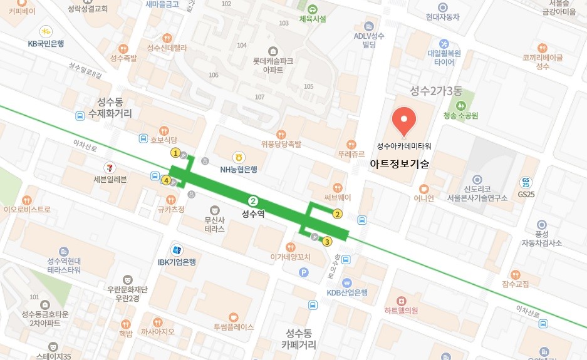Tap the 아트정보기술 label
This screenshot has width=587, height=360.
pos(399,164)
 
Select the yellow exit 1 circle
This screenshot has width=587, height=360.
pos(176,153)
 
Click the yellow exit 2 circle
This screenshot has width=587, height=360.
pos(337,214)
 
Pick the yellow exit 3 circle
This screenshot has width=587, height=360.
pos(326,241)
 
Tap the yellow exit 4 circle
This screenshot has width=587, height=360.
pos(166,180)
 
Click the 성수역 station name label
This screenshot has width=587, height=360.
pos(253,213)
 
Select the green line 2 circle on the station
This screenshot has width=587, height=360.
pos(253,201)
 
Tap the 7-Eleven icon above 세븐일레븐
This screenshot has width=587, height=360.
pos(110,167)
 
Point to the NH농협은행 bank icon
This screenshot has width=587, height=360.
pos(238,157)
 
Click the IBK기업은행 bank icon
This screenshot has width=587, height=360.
pos(178,249)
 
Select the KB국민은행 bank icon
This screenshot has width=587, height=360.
pos(46,31)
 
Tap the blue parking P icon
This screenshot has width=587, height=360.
pos(304,272)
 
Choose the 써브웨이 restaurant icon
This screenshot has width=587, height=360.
pos(338,187)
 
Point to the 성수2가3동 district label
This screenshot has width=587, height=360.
pos(435,91)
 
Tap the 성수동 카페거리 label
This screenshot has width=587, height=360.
pos(298,339)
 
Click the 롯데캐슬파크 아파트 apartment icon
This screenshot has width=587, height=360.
pos(272,51)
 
